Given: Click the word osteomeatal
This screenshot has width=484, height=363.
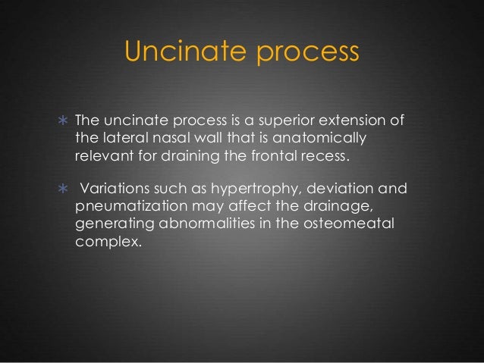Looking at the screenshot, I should coord(326,223).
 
